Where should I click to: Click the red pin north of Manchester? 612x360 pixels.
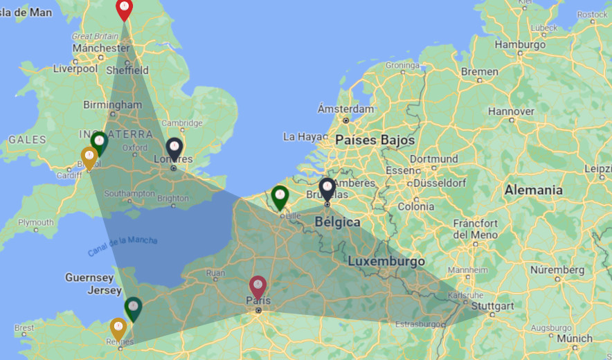pyautogui.click(x=124, y=9)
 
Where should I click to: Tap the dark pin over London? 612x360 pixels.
pyautogui.click(x=174, y=148)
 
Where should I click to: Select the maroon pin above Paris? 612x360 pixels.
pyautogui.click(x=258, y=285)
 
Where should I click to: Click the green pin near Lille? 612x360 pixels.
pyautogui.click(x=280, y=196)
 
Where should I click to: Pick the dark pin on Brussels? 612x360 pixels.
pyautogui.click(x=327, y=188)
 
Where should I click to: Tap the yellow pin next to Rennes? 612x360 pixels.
pyautogui.click(x=118, y=327)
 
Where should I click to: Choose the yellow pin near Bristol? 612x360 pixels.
pyautogui.click(x=89, y=156)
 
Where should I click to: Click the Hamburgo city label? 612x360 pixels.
pyautogui.click(x=521, y=44)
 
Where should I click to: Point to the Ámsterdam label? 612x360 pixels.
pyautogui.click(x=346, y=109)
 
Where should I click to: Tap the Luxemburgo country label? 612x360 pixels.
pyautogui.click(x=386, y=262)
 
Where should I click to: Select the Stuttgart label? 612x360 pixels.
pyautogui.click(x=491, y=306)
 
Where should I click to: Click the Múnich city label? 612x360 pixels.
pyautogui.click(x=575, y=339)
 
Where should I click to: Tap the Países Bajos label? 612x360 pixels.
pyautogui.click(x=375, y=140)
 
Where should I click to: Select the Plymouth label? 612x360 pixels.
pyautogui.click(x=36, y=223)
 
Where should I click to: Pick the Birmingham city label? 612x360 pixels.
pyautogui.click(x=111, y=105)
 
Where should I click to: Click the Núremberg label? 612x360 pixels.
pyautogui.click(x=557, y=269)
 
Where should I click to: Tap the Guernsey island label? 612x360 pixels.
pyautogui.click(x=89, y=278)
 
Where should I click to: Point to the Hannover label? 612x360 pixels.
pyautogui.click(x=511, y=111)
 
